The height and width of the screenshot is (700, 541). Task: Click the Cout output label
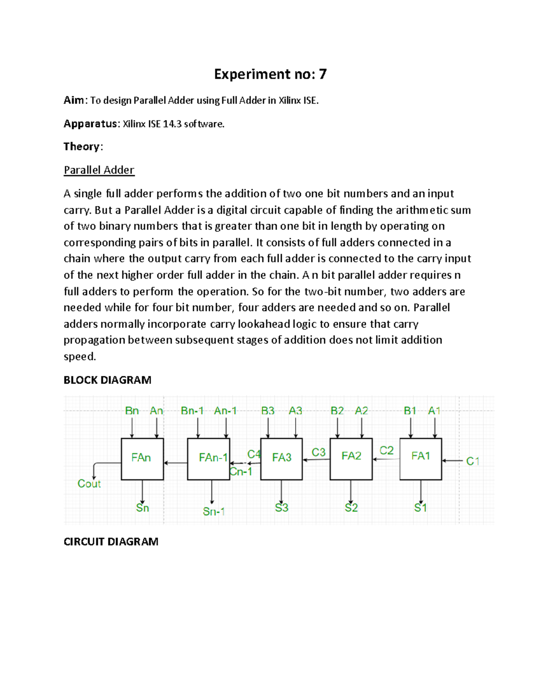click(x=89, y=484)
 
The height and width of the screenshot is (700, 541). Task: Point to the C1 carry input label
click(x=472, y=461)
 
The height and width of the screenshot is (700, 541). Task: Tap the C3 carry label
click(x=318, y=452)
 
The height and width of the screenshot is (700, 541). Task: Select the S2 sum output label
click(x=351, y=508)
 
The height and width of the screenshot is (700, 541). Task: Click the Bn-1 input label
click(x=192, y=411)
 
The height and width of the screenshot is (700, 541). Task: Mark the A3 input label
click(x=295, y=411)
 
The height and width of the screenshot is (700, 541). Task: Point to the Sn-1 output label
click(x=214, y=512)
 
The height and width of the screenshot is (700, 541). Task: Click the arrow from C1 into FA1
click(x=452, y=461)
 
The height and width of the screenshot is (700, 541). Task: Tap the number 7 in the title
click(x=322, y=74)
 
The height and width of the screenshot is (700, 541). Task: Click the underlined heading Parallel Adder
click(x=99, y=170)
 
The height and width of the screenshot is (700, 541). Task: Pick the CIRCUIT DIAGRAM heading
click(x=111, y=541)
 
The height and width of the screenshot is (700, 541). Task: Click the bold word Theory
click(x=82, y=146)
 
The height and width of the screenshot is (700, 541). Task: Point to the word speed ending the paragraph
click(x=79, y=357)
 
